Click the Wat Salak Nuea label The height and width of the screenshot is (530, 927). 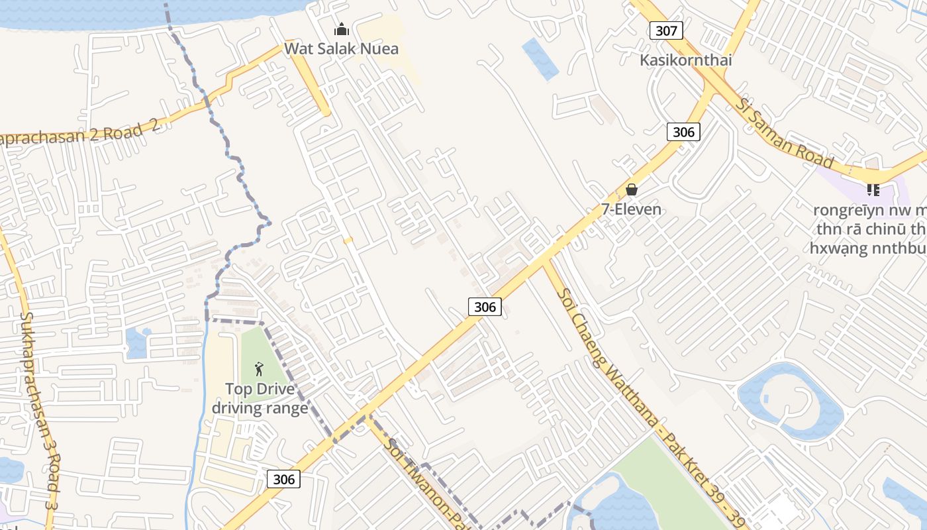coord(342,48)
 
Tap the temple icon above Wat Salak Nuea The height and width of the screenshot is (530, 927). coord(342,29)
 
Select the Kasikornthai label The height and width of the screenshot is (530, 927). coord(686,60)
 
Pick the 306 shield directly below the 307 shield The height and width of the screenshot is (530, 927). coord(683,132)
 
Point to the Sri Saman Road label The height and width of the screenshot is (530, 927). coord(785,133)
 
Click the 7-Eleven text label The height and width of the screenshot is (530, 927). coord(631,209)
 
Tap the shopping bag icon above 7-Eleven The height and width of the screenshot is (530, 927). coord(632,190)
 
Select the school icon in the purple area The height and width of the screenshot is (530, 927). coord(873,190)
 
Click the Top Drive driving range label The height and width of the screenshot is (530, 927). coord(260,398)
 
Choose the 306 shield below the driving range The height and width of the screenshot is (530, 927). coord(283,479)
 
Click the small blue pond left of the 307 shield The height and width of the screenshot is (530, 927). coord(540,58)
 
